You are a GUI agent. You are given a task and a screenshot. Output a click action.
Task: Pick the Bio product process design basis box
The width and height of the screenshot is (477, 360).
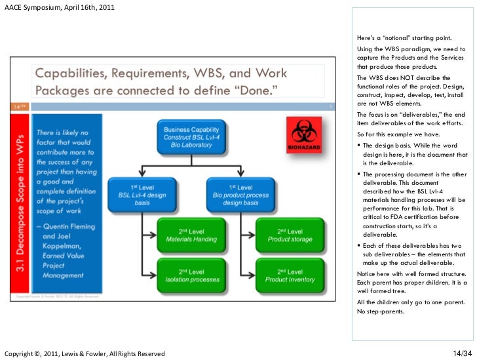[240, 195]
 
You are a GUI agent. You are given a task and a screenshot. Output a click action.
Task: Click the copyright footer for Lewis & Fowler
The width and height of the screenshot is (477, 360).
[85, 354]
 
